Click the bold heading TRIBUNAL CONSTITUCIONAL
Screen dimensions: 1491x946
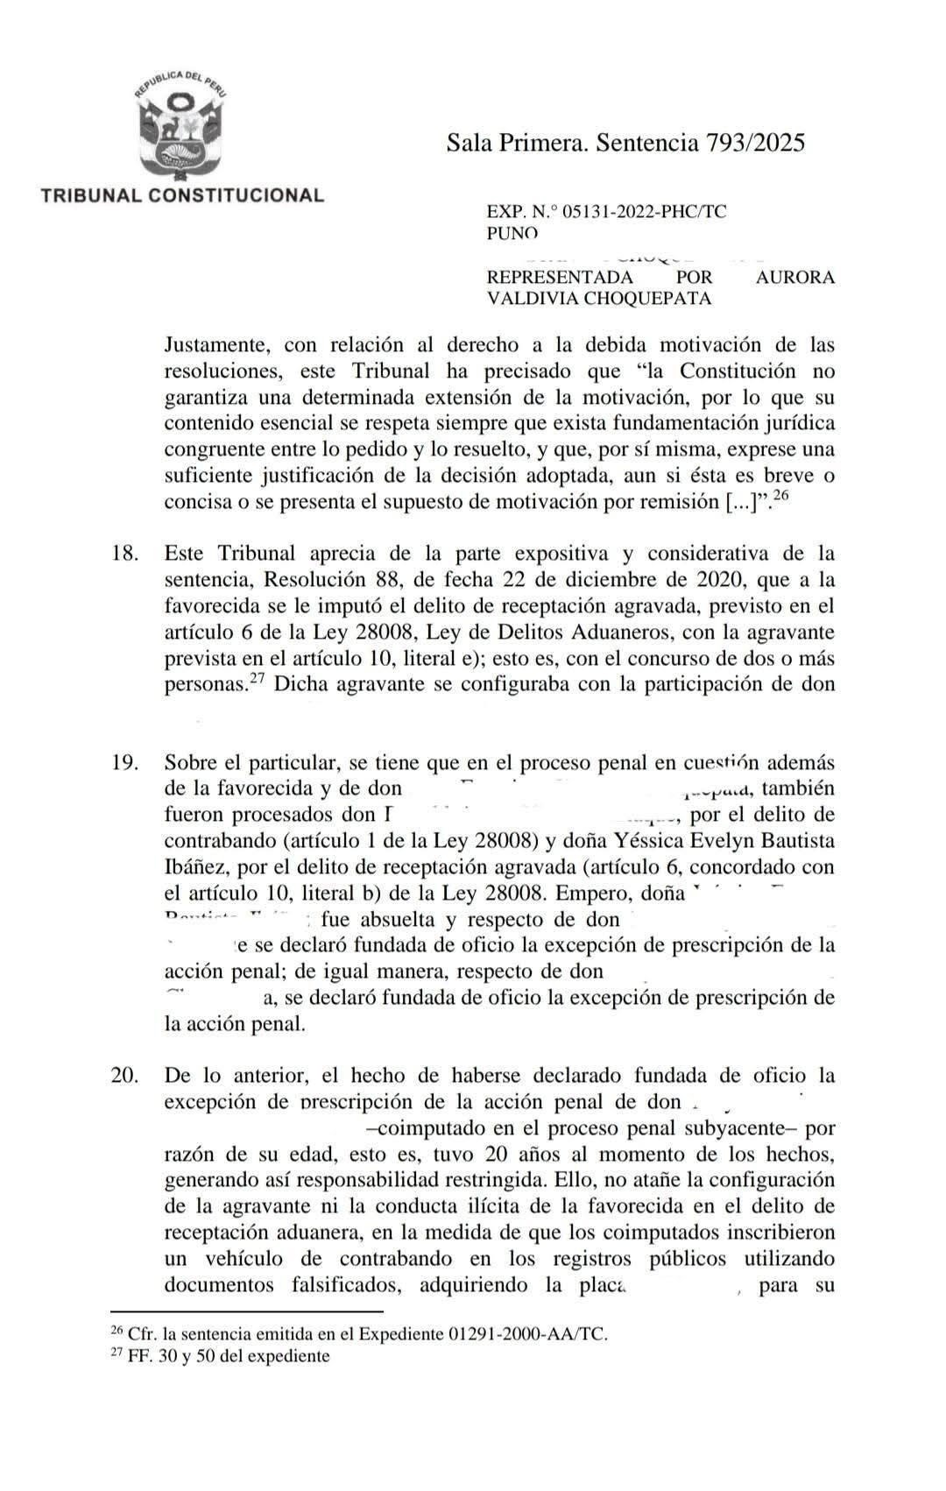click(182, 194)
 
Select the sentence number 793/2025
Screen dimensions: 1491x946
click(755, 143)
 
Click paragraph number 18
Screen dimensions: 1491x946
click(124, 554)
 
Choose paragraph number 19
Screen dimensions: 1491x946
click(124, 762)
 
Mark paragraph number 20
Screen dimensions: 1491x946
click(124, 1075)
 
